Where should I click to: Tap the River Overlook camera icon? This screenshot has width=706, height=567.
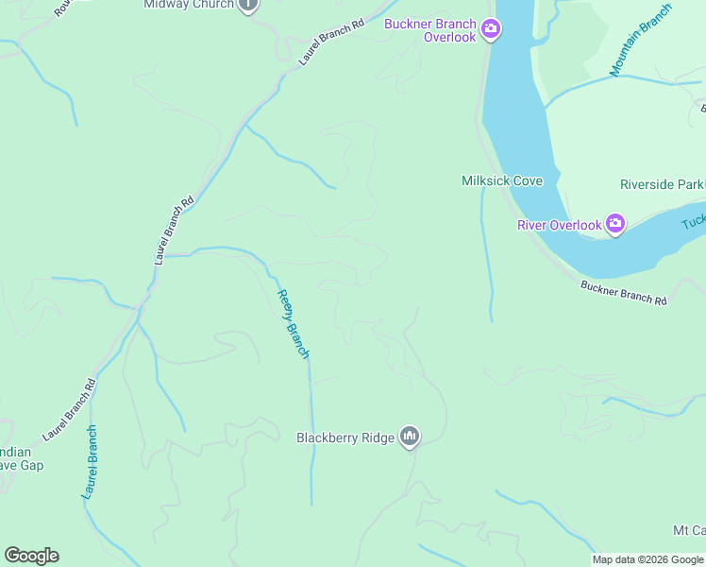point(615,225)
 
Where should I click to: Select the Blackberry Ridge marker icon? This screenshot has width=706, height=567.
point(410,437)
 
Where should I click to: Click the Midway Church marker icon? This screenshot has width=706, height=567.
point(248,5)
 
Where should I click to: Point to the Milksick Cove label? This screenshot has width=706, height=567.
point(502,180)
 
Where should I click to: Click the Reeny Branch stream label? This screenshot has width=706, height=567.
point(293,323)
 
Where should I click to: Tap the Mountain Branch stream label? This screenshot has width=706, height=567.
point(641,40)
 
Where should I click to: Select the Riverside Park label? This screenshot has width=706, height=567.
point(662,184)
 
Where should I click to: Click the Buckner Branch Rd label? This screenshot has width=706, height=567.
point(624,293)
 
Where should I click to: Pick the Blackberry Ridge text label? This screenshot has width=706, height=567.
point(345,438)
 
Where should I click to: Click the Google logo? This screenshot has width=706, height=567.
point(31,556)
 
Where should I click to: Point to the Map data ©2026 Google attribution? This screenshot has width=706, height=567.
point(647,559)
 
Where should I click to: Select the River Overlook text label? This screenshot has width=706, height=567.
point(559,225)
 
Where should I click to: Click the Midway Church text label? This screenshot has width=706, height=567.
point(188,5)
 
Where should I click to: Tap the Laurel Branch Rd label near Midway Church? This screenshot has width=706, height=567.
point(331,43)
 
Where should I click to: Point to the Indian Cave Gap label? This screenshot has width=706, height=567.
point(21,458)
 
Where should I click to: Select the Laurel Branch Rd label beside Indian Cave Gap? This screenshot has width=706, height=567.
point(71,410)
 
